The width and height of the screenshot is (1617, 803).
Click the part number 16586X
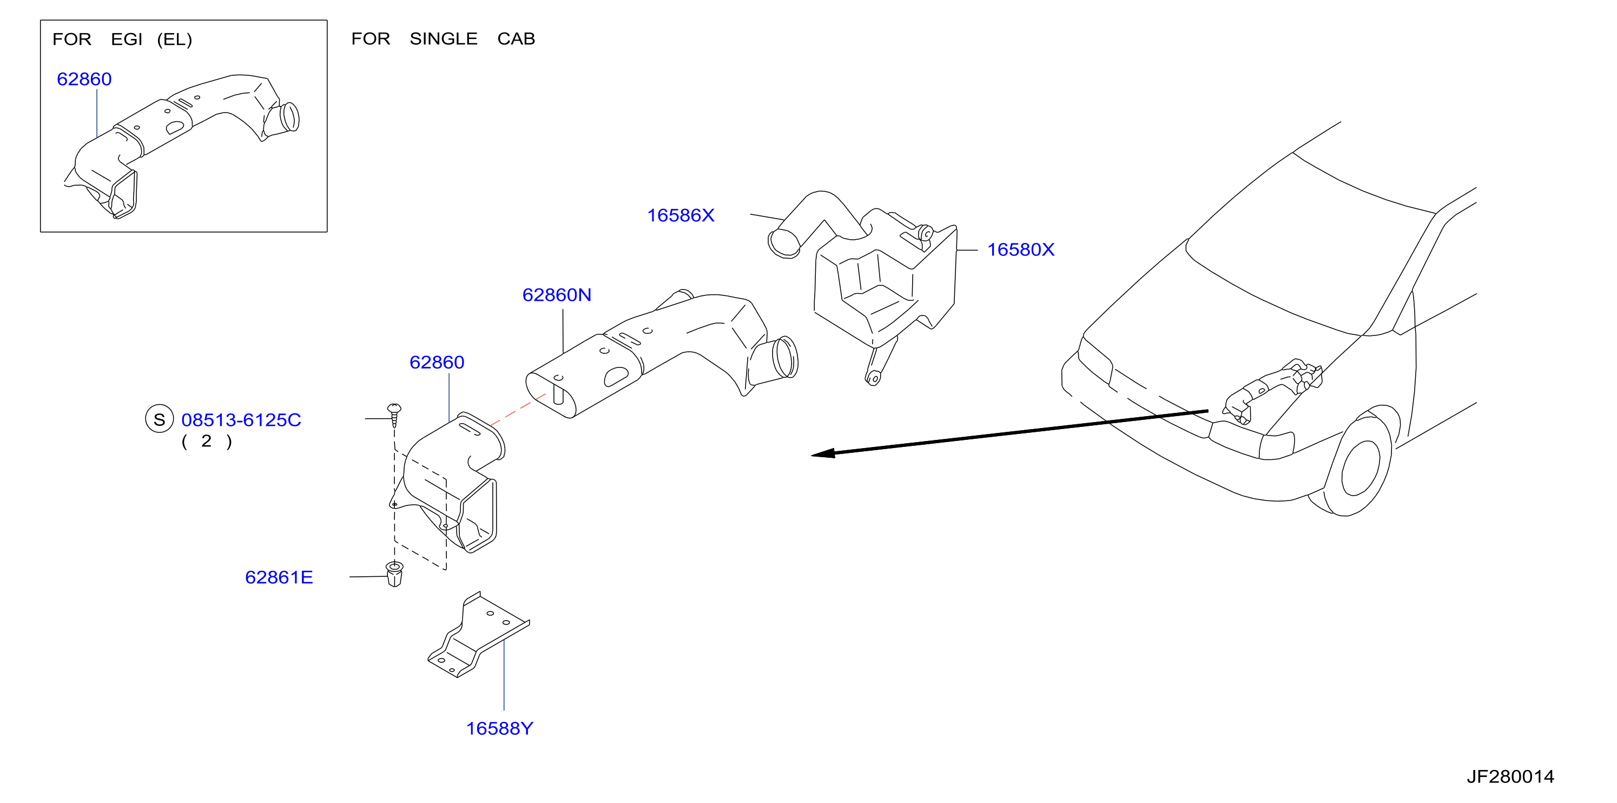681,215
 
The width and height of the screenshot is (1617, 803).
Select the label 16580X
1021,250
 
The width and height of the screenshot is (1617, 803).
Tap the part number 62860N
557,295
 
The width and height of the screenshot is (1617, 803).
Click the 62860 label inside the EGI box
84,79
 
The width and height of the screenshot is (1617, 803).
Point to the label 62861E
279,577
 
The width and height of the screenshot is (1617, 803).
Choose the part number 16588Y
500,728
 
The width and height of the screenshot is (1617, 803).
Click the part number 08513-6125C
241,420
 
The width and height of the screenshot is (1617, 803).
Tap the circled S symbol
160,419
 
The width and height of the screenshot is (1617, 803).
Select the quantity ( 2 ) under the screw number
207,442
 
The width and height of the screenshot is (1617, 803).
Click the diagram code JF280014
1510,776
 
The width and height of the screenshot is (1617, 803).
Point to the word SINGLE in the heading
444,39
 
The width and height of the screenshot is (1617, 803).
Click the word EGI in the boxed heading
126,40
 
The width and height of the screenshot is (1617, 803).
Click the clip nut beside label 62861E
394,574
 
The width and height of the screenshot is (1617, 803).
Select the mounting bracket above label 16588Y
478,635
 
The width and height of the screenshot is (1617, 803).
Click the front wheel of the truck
1359,467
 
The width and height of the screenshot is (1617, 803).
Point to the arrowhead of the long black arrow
823,453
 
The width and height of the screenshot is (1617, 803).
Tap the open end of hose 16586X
783,243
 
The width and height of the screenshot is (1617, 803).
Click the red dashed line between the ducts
518,410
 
